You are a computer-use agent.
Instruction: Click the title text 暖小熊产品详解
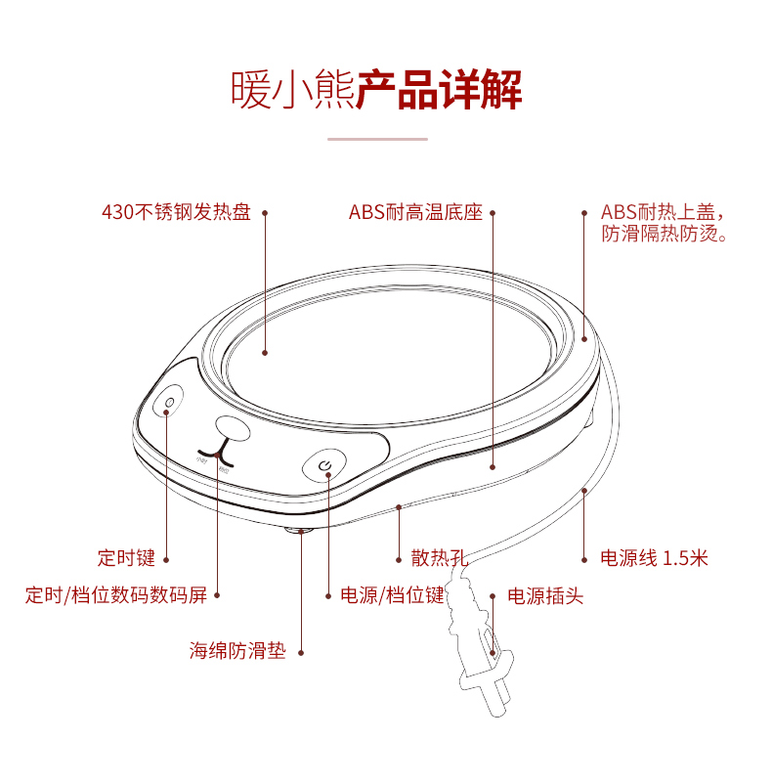click(376, 90)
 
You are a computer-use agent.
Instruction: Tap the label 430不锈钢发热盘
click(176, 212)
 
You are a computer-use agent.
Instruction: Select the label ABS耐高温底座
click(415, 212)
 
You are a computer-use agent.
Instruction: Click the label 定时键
click(126, 558)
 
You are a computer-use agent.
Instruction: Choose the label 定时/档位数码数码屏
click(115, 594)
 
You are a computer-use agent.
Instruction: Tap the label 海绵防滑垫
click(237, 651)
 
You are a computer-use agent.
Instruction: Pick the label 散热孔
click(439, 558)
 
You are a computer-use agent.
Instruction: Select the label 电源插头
click(545, 595)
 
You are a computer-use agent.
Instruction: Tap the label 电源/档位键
click(391, 594)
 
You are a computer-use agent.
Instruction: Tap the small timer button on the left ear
click(169, 403)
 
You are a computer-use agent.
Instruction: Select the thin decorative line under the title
click(377, 140)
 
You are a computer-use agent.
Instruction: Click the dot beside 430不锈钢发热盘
click(264, 212)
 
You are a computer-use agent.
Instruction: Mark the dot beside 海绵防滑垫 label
click(300, 652)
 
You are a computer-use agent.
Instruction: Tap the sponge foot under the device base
click(297, 531)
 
